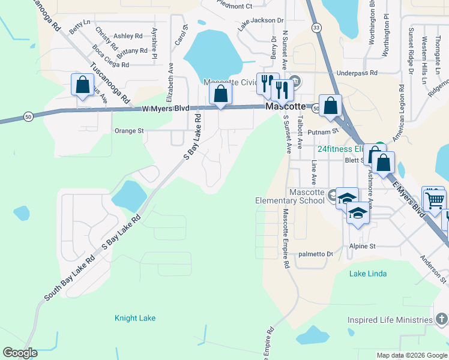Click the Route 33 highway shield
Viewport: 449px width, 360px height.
point(316,27)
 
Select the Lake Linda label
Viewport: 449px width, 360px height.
point(368,274)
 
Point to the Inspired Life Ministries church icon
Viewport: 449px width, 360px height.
point(441,320)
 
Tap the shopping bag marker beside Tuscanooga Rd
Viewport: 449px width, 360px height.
point(82,84)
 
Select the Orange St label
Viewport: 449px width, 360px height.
point(129,130)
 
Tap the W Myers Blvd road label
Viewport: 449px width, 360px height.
point(166,109)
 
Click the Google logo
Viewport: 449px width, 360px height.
point(20,353)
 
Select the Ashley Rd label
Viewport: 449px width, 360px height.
point(128,36)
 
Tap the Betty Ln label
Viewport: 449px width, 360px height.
point(79,26)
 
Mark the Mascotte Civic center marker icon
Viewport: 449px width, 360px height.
point(295,81)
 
